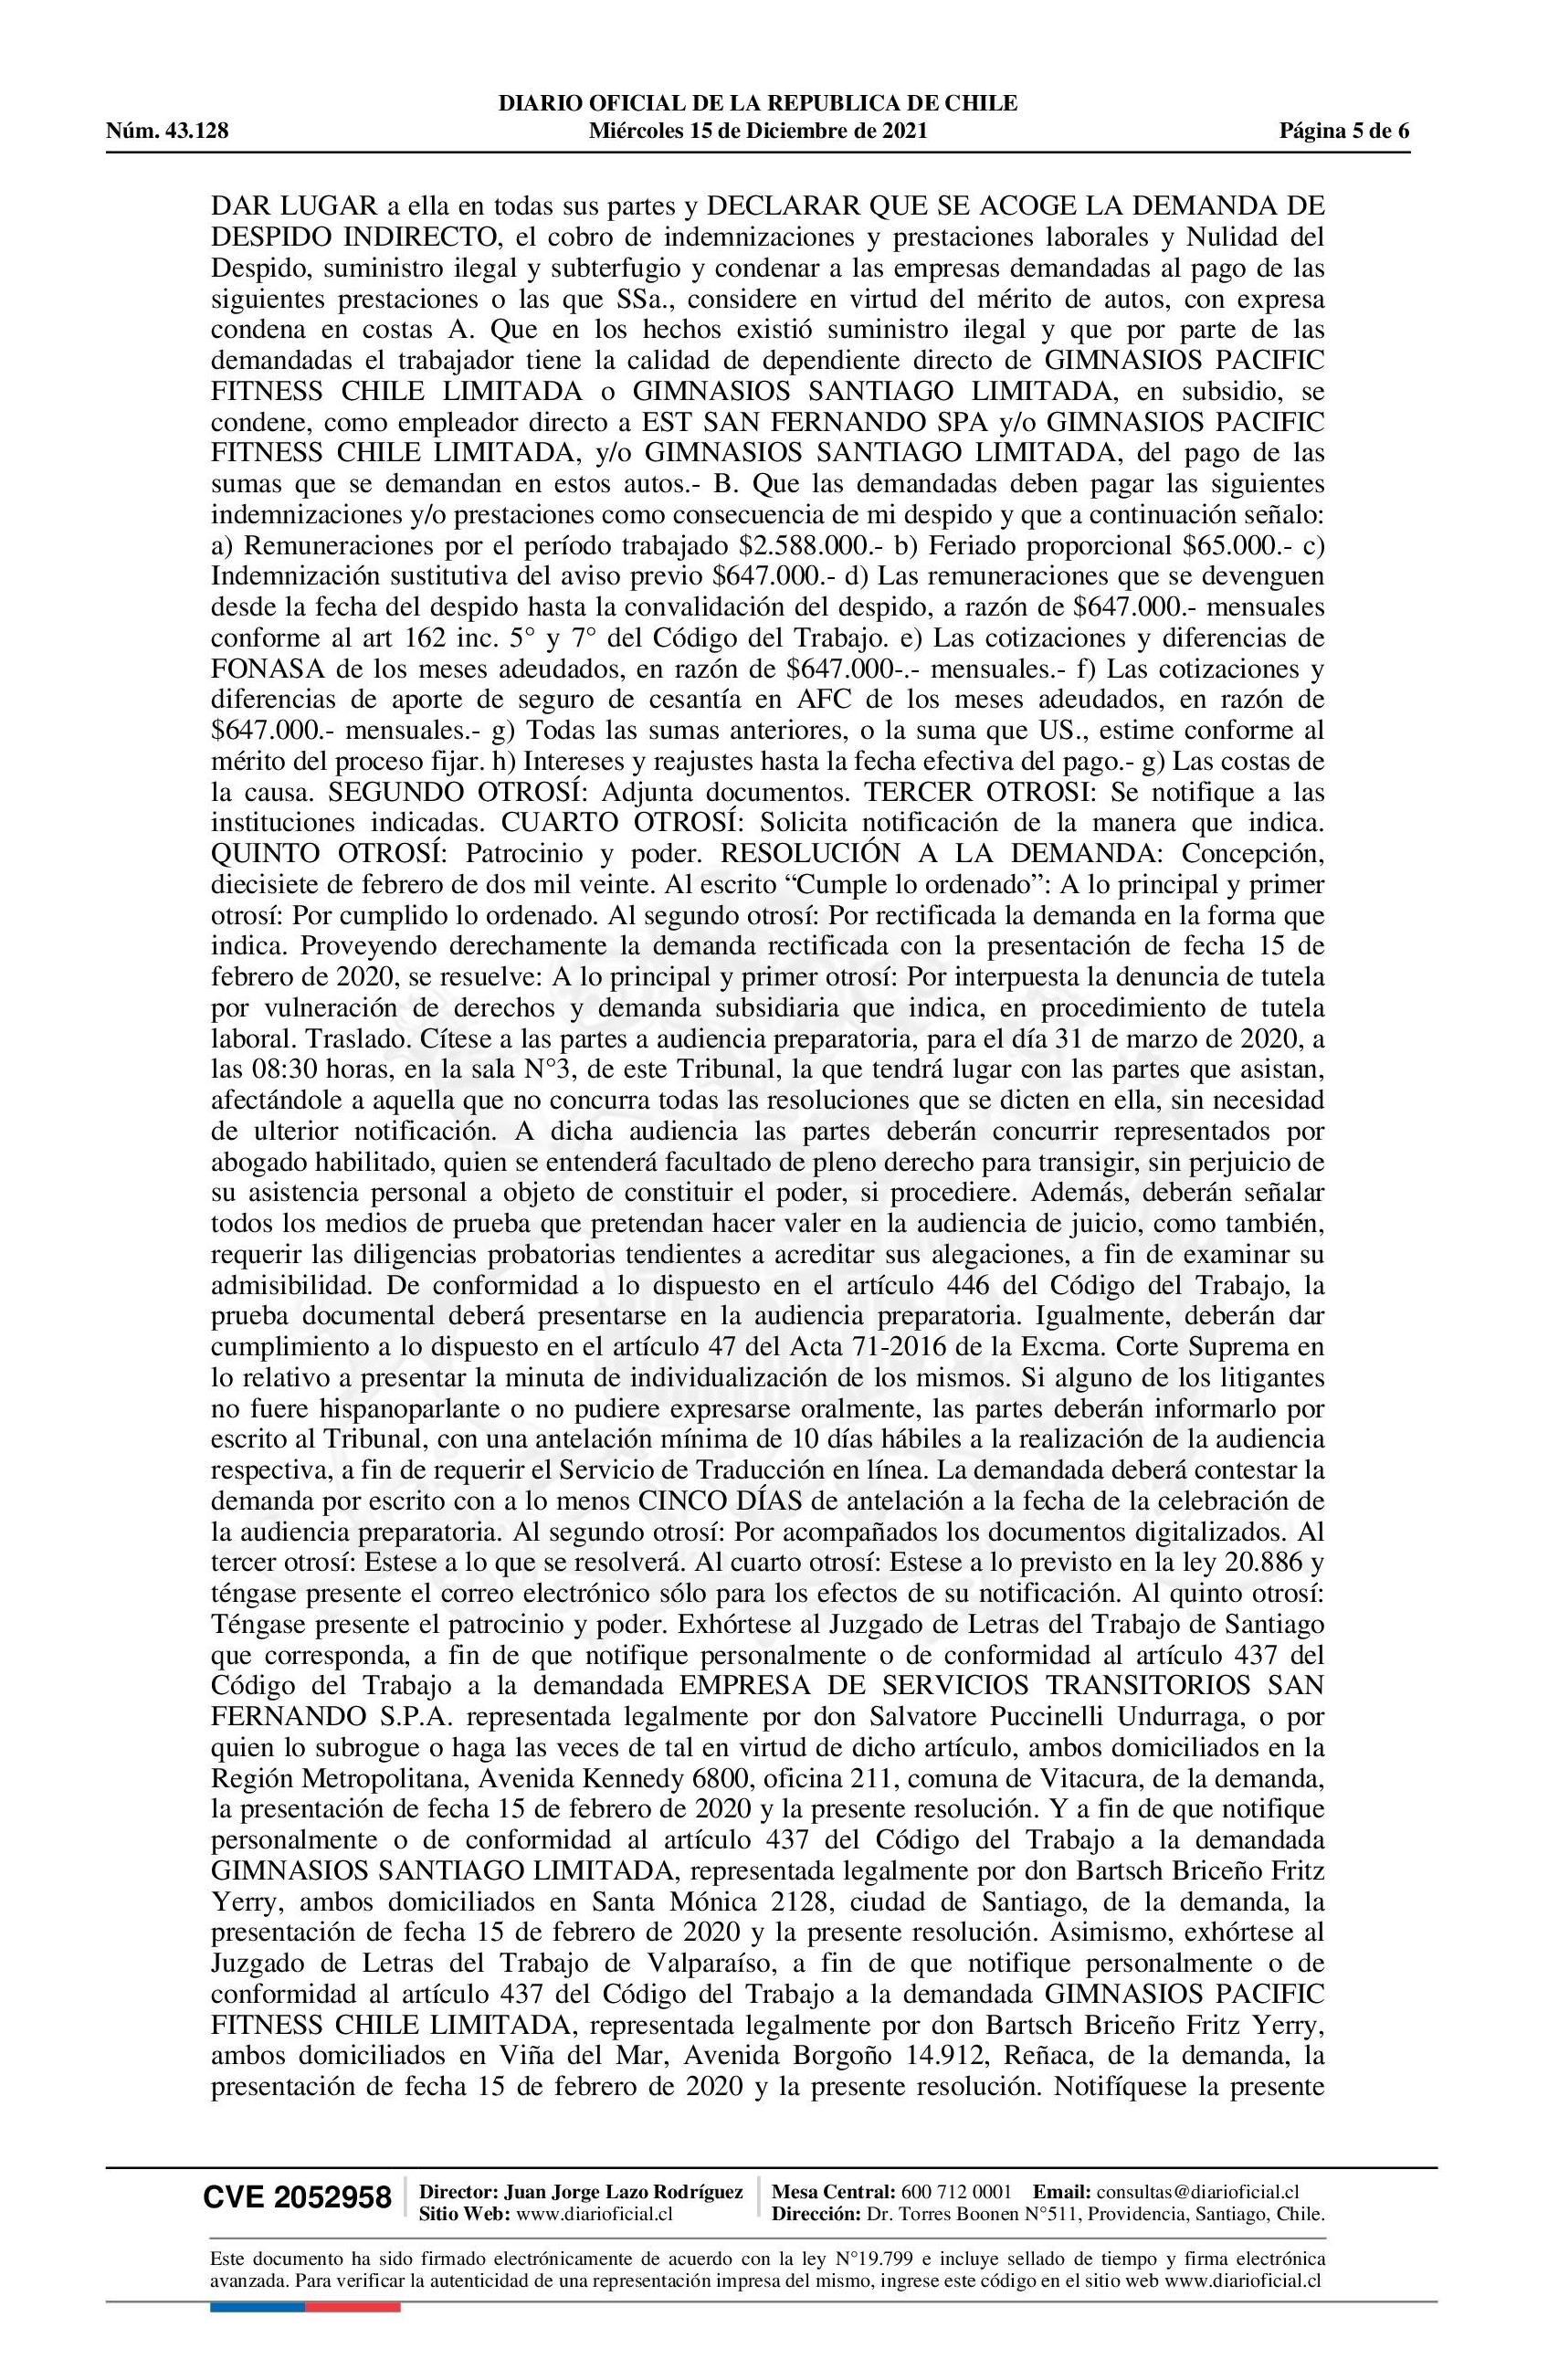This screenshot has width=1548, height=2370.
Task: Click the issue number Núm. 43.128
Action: point(168,131)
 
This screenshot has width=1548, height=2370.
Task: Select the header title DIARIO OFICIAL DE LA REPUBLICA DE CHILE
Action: point(758,103)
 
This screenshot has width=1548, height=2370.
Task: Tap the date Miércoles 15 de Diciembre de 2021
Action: point(758,131)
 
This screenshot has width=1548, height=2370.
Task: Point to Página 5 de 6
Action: point(1345,131)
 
